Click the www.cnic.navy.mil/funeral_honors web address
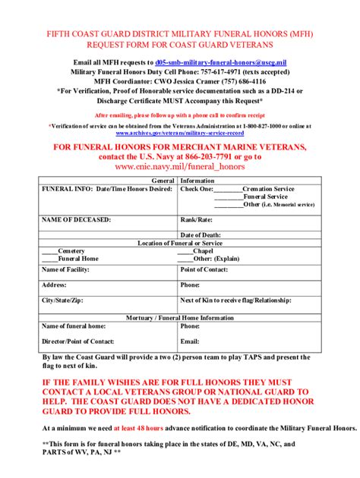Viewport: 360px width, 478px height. pos(179,165)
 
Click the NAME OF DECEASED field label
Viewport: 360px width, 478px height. pos(76,219)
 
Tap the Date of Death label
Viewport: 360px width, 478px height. pos(201,234)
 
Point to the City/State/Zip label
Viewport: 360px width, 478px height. pos(62,300)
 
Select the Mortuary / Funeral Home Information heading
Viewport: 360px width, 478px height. pos(179,318)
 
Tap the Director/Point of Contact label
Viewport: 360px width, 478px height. pos(77,341)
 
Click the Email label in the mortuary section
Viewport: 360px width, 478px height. pos(190,341)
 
